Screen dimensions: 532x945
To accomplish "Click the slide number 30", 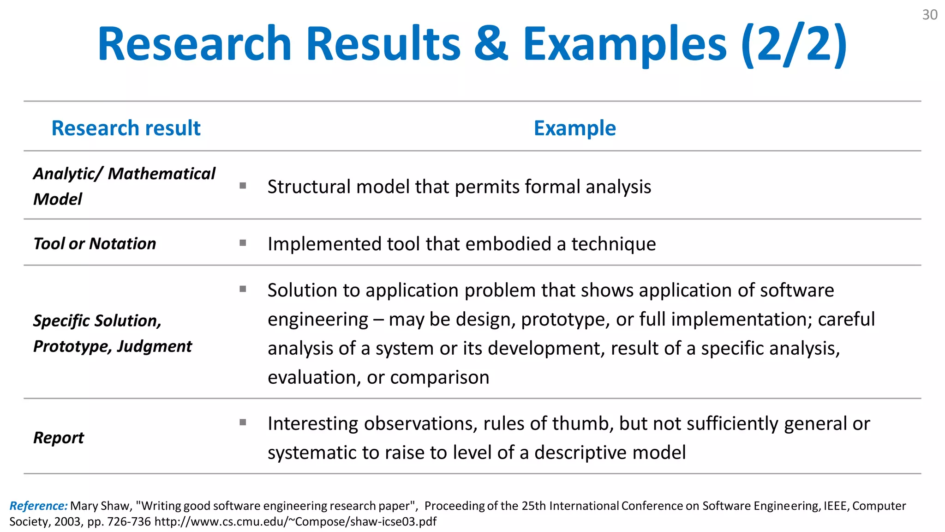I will (x=929, y=15).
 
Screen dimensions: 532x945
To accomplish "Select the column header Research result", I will (x=126, y=128).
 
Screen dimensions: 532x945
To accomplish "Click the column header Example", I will (x=574, y=128).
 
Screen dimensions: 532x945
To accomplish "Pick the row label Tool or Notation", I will (x=95, y=243).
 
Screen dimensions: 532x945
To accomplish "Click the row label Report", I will (x=59, y=437).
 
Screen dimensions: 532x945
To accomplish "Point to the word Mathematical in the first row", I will (x=161, y=174).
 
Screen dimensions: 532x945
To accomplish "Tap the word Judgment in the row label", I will (x=155, y=346).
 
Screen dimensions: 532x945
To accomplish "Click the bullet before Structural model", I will (x=243, y=186).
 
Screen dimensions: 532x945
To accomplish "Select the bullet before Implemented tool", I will (x=243, y=243).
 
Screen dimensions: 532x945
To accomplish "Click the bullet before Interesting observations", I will (x=243, y=422).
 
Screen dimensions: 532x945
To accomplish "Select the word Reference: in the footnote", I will (x=38, y=506).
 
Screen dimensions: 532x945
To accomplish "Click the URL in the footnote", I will (x=295, y=522).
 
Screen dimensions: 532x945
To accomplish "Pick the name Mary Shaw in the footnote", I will (x=99, y=506).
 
